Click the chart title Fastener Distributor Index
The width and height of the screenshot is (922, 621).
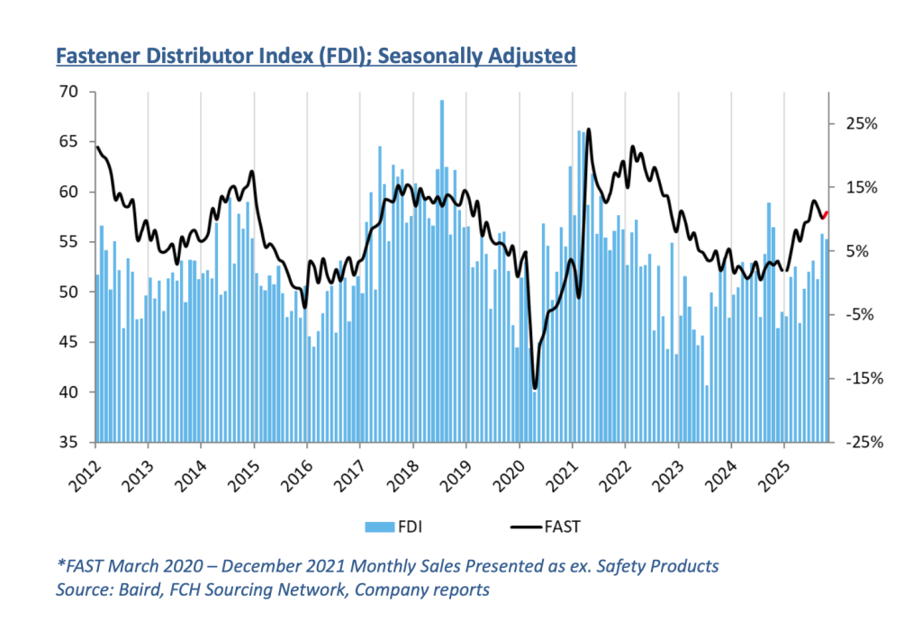[x=315, y=57]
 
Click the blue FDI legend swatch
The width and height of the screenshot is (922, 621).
[x=375, y=525]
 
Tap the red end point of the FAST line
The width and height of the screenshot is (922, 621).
[x=827, y=213]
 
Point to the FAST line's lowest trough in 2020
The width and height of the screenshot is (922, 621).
[x=535, y=388]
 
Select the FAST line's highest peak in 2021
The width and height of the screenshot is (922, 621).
[x=588, y=130]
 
